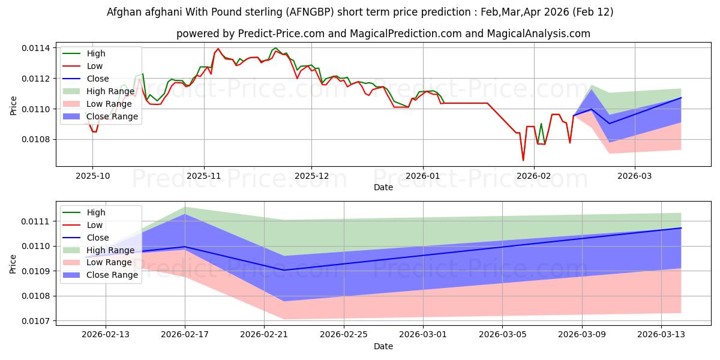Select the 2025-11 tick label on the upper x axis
[204, 176]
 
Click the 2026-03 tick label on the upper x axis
[635, 176]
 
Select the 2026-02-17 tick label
[185, 335]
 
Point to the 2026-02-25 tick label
[344, 335]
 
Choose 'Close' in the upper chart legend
[98, 79]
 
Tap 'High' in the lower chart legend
[96, 212]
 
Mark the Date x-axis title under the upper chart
[383, 187]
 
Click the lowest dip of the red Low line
[523, 160]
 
